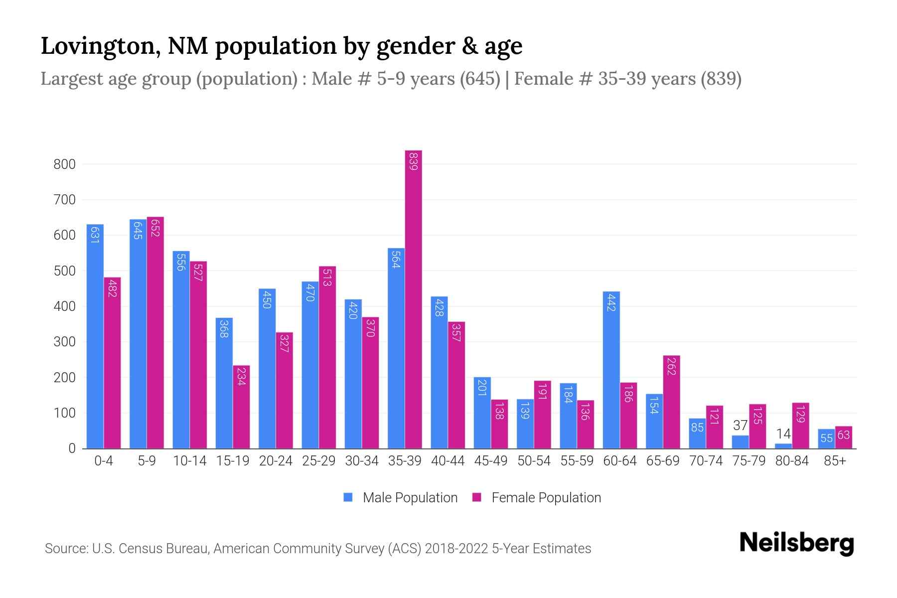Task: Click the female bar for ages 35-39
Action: coord(413,299)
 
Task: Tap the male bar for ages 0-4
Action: coord(95,336)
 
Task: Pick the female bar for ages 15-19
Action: coord(241,407)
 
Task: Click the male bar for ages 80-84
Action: coord(783,446)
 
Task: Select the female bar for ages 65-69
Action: coord(671,402)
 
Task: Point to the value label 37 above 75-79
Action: coord(740,426)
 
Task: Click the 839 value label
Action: coord(413,161)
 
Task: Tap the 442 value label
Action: coord(611,302)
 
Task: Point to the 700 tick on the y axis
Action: coord(64,200)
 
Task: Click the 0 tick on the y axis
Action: coord(72,448)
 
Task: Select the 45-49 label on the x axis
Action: coord(490,461)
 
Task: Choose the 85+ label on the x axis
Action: coord(835,461)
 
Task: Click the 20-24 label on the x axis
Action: coord(276,461)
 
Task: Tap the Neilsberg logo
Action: coord(796,543)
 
